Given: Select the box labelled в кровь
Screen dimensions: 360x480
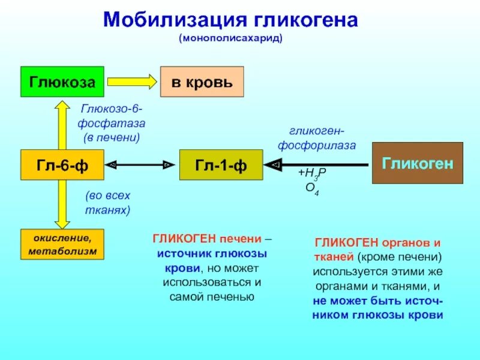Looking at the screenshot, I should tap(202, 82).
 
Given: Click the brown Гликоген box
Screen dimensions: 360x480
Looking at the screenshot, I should tap(417, 163).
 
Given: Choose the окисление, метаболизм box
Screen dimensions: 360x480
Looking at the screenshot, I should tap(62, 244).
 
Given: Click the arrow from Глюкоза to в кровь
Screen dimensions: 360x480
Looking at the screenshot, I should tap(131, 82).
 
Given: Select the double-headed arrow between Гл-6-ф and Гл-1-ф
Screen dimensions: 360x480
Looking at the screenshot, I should tap(142, 164).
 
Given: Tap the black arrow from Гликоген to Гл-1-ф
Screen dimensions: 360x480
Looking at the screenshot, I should tap(318, 164).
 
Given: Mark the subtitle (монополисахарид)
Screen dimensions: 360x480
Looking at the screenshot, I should tap(230, 38).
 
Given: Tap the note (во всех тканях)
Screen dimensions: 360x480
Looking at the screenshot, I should tap(107, 203).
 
